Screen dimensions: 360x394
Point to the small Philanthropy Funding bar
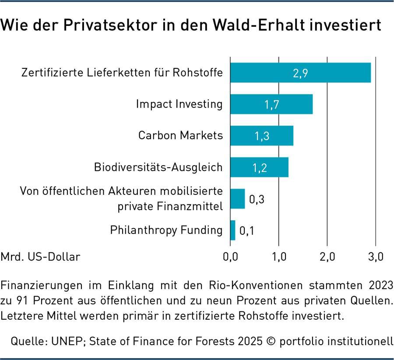tap(232, 230)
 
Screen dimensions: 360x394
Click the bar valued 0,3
tap(237, 199)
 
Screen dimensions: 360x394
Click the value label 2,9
tap(301, 73)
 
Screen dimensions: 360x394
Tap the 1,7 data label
tap(272, 104)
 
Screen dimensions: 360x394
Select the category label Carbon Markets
tap(180, 135)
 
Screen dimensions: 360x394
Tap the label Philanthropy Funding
tap(166, 230)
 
